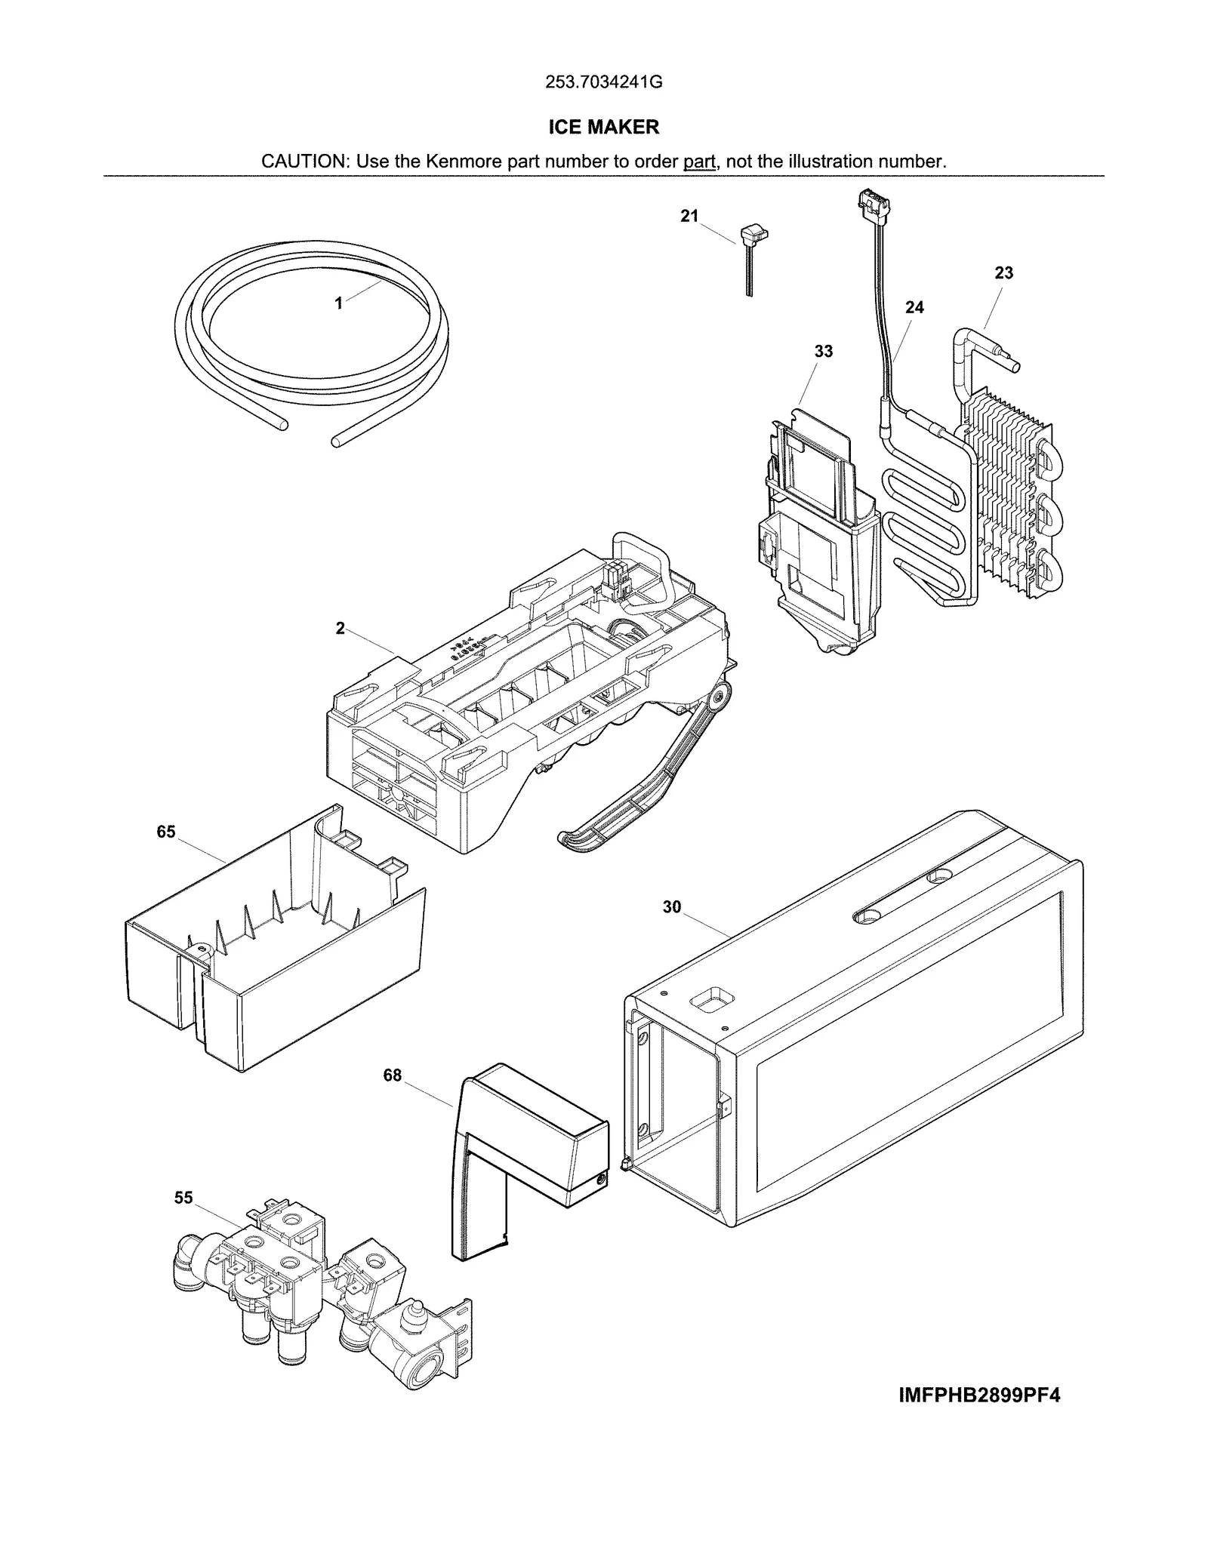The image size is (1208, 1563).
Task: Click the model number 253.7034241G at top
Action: [603, 82]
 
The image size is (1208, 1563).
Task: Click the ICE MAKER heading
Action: [603, 127]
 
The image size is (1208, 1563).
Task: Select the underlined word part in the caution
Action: [699, 162]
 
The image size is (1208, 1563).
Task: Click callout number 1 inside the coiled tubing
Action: [339, 303]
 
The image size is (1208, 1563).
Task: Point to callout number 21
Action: [689, 217]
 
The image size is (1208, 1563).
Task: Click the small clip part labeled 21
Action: [749, 242]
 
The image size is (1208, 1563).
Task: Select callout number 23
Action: [1003, 273]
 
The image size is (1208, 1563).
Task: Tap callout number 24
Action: [914, 307]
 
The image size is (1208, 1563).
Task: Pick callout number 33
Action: [824, 351]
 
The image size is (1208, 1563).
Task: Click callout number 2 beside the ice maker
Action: [340, 629]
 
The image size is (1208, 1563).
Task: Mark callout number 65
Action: [166, 832]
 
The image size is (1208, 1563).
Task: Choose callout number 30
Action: [672, 907]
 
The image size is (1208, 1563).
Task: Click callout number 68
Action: [393, 1075]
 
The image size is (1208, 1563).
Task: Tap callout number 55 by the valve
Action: [183, 1198]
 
